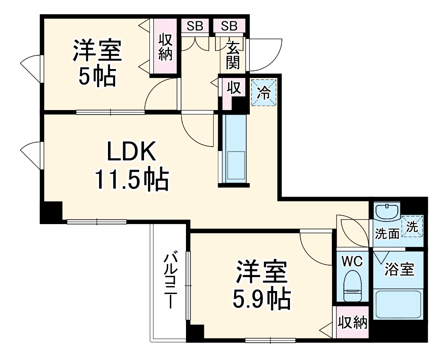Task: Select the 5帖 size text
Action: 97,77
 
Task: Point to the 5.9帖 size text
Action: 261,299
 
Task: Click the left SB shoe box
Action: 195,26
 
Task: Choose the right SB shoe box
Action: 229,26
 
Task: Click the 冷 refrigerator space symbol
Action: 264,93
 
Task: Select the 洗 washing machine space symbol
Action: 413,226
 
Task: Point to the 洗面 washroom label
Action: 387,233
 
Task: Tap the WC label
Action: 352,261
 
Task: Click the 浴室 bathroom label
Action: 400,269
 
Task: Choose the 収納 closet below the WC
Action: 352,322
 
